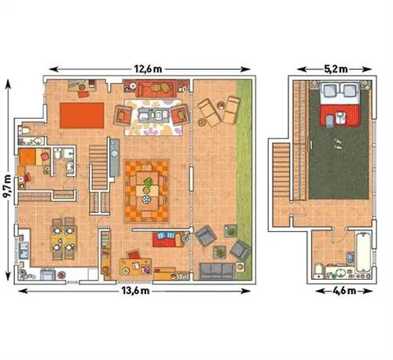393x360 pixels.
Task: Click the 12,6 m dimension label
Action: [x=148, y=69]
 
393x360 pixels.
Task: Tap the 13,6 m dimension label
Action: [x=135, y=291]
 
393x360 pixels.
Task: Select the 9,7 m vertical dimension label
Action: [x=8, y=186]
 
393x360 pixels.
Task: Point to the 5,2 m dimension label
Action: [x=336, y=69]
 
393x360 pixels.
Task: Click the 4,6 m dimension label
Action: [x=344, y=291]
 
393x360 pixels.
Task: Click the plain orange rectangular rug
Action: [x=82, y=116]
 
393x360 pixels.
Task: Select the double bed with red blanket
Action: [x=340, y=104]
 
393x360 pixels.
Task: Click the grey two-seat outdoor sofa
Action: [x=216, y=270]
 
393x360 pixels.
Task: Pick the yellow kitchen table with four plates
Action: [x=64, y=238]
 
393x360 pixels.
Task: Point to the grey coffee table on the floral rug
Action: [x=153, y=115]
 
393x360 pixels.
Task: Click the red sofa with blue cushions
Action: [x=167, y=239]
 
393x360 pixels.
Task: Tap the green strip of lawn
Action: [x=244, y=179]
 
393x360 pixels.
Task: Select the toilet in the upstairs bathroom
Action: [x=318, y=270]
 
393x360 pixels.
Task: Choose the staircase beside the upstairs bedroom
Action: [x=282, y=170]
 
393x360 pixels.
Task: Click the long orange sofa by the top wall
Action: [x=156, y=89]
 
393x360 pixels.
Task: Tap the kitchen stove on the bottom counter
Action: [x=48, y=274]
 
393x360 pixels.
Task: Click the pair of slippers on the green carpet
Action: [x=338, y=144]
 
